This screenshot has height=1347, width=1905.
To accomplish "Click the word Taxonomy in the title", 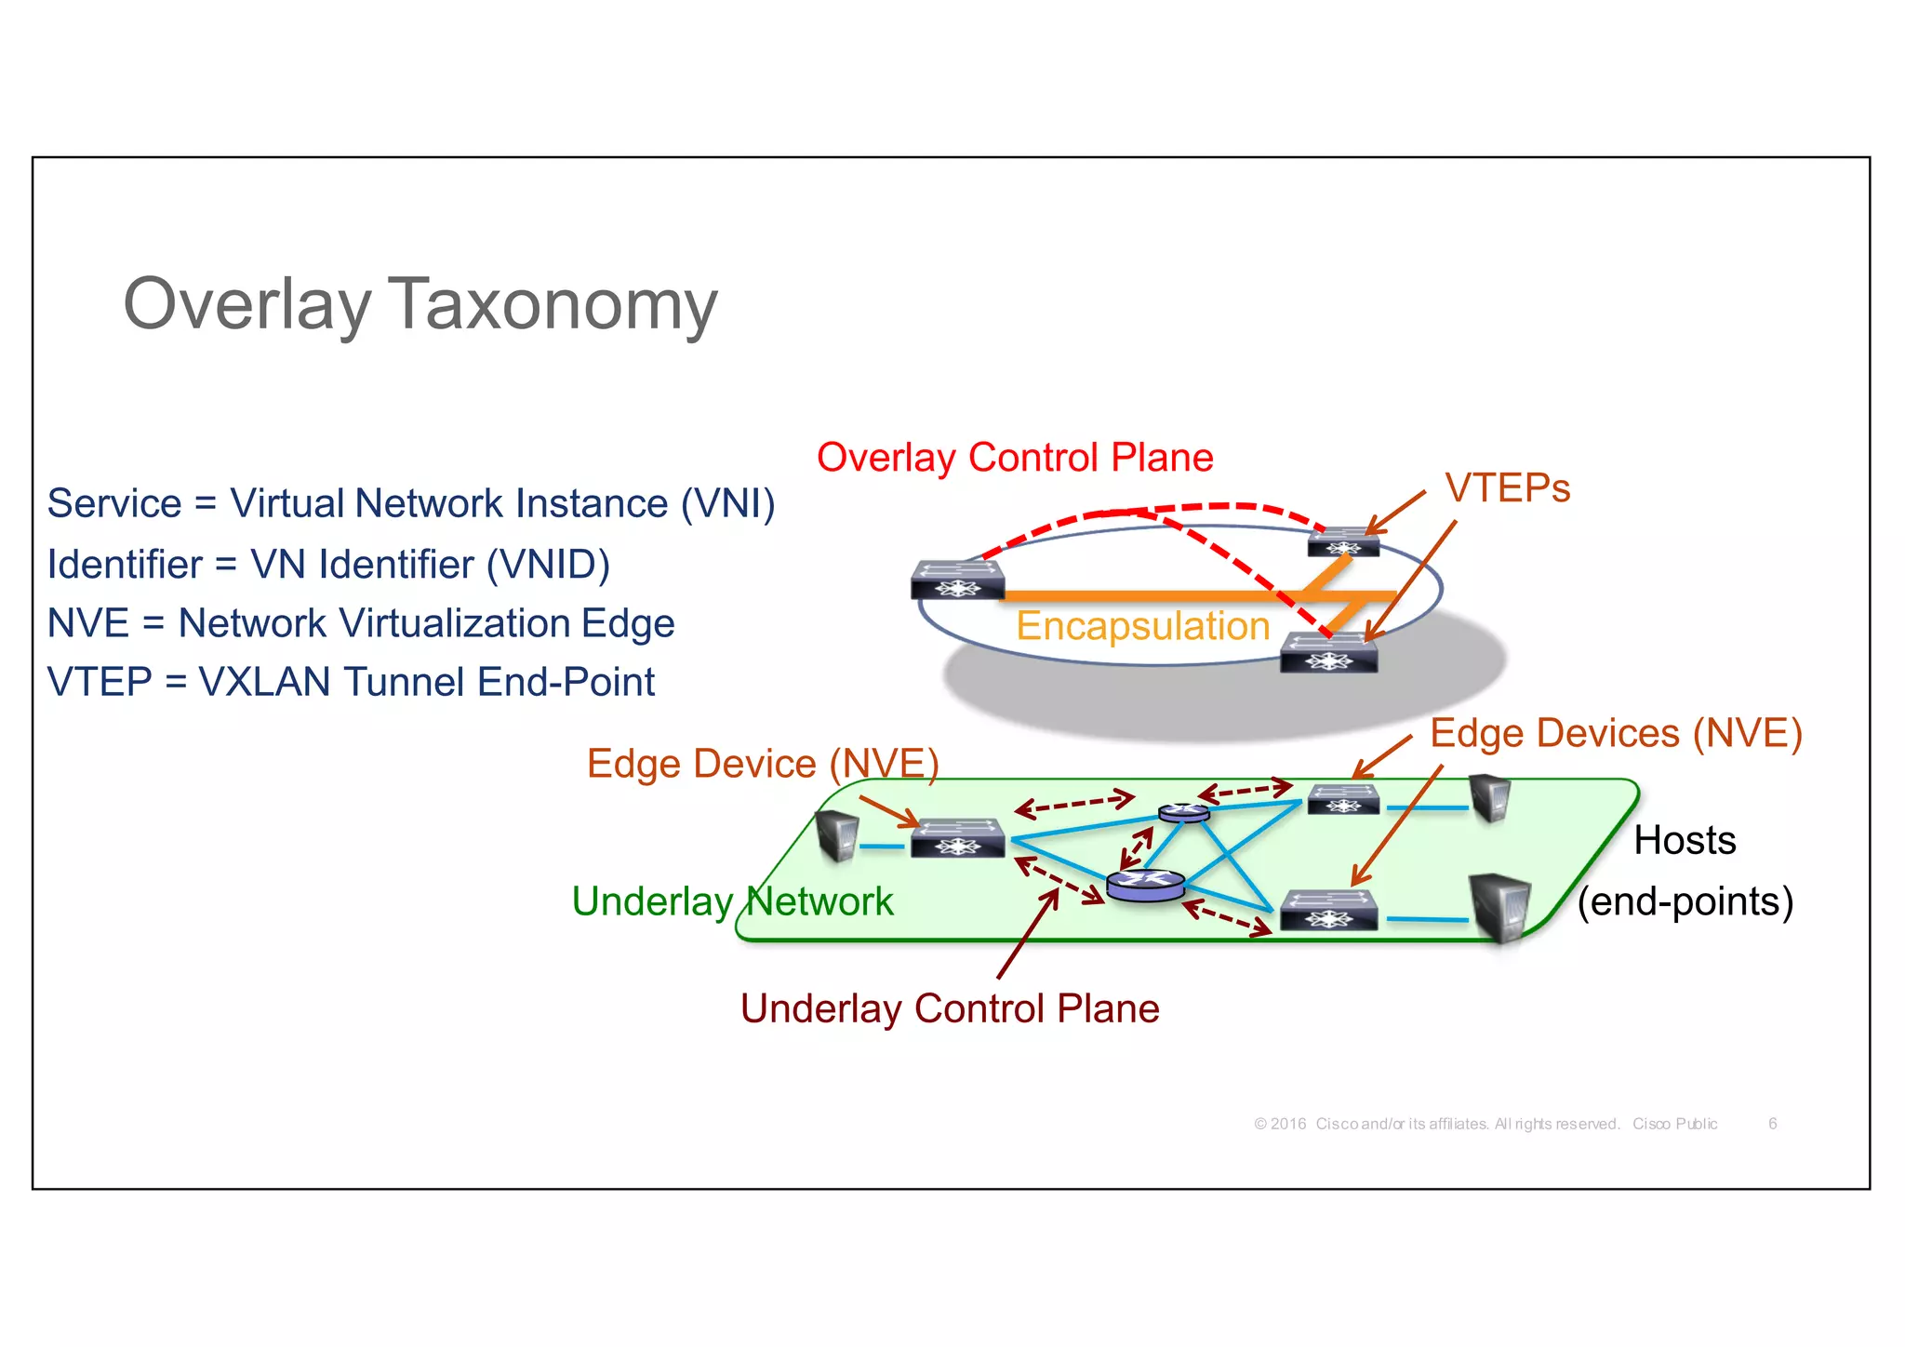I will point(552,305).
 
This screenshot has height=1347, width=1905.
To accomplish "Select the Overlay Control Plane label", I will point(1015,458).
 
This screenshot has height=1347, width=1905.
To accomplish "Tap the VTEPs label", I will point(1507,488).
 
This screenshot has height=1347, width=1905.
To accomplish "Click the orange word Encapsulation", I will point(1142,626).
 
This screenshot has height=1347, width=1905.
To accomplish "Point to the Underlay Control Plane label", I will point(950,1008).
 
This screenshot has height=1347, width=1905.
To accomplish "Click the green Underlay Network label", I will point(732,901).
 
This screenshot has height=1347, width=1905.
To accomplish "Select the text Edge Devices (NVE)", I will point(1616,733).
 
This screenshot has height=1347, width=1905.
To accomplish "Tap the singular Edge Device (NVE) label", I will point(763,764).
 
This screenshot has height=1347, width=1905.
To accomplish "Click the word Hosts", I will point(1685,840).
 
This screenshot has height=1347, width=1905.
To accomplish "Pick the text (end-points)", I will point(1685,901).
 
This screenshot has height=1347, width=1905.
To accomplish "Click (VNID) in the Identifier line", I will point(548,565).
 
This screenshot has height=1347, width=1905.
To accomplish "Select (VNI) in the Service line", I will point(727,503).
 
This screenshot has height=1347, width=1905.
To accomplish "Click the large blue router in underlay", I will point(1145,885).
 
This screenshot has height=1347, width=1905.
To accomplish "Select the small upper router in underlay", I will point(1184,812).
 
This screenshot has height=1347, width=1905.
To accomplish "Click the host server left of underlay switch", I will point(836,834).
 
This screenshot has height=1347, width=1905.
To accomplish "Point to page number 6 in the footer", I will point(1772,1124).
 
